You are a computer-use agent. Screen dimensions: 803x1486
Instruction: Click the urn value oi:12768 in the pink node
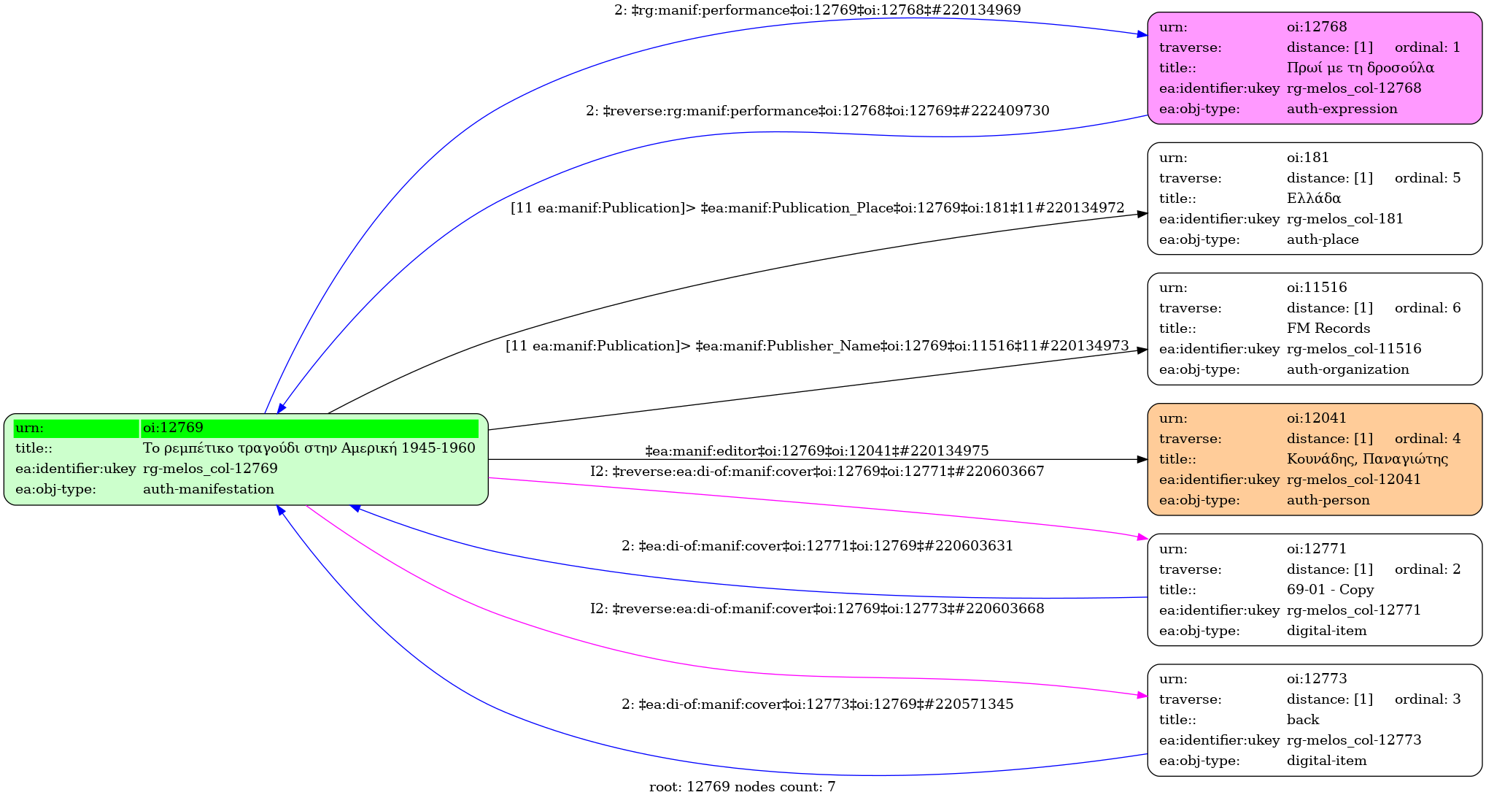1316,27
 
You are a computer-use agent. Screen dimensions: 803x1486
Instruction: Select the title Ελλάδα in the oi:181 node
1313,198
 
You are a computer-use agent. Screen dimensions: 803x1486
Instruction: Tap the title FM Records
1328,328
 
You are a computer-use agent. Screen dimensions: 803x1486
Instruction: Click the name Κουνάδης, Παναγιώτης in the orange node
1367,459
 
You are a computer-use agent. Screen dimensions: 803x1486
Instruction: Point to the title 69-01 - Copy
1330,590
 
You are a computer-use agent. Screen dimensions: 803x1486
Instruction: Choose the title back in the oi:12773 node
1302,720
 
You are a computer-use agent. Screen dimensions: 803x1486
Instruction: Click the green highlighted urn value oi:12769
173,428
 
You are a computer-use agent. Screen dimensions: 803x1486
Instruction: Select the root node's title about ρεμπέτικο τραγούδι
309,448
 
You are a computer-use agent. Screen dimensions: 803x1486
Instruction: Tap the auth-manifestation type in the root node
208,489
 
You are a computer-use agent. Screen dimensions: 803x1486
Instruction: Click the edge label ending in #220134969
817,10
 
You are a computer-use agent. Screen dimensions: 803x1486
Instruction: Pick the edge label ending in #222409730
817,111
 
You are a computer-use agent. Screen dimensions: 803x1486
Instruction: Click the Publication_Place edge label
817,208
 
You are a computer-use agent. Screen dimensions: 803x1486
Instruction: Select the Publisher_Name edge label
817,346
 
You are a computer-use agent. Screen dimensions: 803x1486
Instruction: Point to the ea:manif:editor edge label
817,451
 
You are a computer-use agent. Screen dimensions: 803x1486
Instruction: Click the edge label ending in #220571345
817,704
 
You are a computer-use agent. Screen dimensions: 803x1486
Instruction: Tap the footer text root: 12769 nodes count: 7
742,787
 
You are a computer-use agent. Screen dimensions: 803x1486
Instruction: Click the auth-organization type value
1347,369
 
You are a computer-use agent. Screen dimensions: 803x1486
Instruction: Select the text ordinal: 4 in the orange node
1427,439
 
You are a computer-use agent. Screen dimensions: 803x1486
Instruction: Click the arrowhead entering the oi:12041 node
1142,459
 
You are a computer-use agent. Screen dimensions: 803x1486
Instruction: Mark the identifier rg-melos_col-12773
1353,740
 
